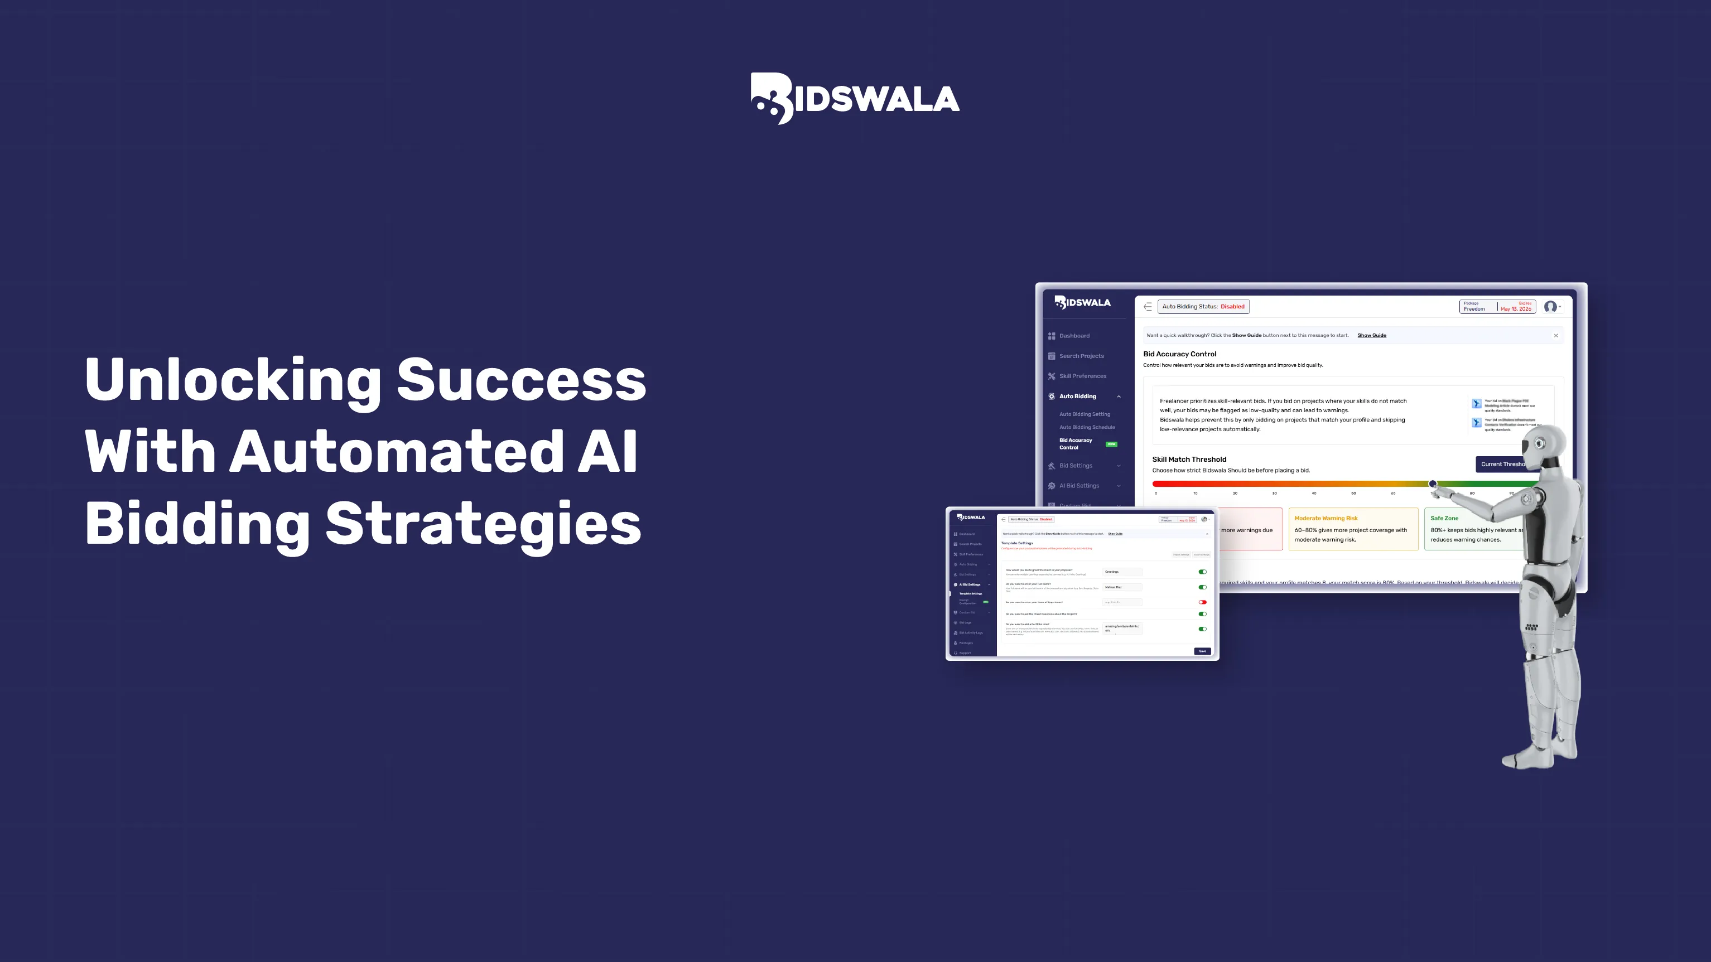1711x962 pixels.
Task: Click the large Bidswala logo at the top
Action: [x=855, y=98]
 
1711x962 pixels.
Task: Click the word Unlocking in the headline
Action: [x=233, y=380]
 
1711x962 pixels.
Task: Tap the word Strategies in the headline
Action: [x=483, y=524]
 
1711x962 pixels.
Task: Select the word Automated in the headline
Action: [x=397, y=452]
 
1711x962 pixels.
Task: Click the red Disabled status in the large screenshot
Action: [x=1232, y=307]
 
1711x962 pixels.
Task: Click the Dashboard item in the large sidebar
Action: [x=1073, y=336]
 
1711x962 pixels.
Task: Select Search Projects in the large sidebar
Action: [x=1081, y=356]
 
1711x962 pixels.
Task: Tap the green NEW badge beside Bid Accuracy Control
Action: [x=1111, y=444]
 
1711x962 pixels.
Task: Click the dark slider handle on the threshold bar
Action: [x=1432, y=484]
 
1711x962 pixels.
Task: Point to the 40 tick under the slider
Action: [x=1313, y=494]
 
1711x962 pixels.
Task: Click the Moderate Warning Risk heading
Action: [x=1326, y=518]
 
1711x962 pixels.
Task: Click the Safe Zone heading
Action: [x=1444, y=518]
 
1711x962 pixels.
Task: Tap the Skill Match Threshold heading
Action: [x=1189, y=460]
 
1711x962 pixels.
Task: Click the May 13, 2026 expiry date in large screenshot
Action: [x=1516, y=309]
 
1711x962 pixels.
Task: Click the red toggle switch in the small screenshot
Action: [x=1202, y=602]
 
